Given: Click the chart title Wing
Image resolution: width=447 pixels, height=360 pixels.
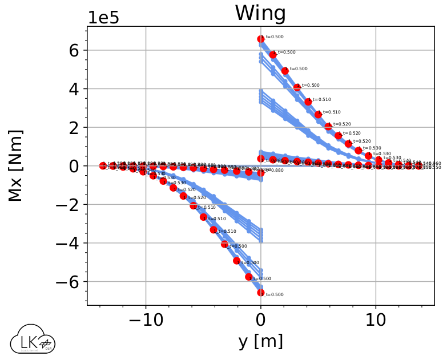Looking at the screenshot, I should [261, 14].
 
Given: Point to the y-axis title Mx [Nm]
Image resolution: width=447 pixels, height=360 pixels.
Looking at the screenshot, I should [15, 165].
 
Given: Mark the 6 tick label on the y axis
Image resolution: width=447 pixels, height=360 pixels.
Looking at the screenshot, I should [74, 50].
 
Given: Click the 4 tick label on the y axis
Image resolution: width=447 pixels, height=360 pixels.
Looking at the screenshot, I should [74, 89].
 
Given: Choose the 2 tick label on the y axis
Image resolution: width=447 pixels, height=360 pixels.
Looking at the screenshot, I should [74, 127].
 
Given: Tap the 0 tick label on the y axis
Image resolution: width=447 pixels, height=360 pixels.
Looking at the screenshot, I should [74, 166].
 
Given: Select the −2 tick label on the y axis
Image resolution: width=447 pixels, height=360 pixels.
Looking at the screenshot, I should [70, 205].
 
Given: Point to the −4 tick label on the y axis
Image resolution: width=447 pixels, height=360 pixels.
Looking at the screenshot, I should [70, 244].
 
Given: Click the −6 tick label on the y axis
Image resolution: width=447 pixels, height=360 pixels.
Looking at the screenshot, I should [70, 282].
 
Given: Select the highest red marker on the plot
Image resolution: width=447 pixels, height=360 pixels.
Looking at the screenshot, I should [261, 39].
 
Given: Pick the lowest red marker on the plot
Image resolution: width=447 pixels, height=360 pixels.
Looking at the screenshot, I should [261, 293].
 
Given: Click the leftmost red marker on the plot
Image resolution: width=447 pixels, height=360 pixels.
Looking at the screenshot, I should [103, 165].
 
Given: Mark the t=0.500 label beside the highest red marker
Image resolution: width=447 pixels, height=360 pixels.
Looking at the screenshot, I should [275, 37].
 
